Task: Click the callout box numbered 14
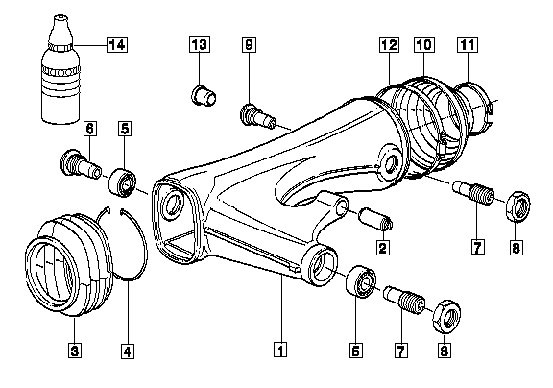(117, 45)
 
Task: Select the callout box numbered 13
(200, 45)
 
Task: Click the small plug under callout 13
(204, 95)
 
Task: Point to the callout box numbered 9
(249, 45)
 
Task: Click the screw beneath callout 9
(258, 115)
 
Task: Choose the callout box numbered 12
(390, 45)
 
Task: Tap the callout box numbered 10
(424, 45)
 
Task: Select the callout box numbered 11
(468, 45)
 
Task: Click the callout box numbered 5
(125, 129)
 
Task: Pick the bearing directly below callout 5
(123, 182)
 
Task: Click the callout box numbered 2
(383, 247)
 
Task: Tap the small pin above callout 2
(375, 219)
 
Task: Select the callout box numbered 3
(75, 351)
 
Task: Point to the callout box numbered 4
(128, 351)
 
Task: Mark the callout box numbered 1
(280, 350)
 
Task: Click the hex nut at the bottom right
(446, 316)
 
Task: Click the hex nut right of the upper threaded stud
(518, 206)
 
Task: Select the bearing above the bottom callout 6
(362, 281)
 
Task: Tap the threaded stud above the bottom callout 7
(404, 300)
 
